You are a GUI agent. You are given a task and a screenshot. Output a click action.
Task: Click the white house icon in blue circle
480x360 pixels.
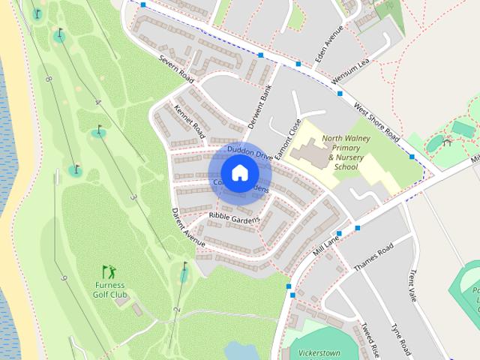tap(239, 172)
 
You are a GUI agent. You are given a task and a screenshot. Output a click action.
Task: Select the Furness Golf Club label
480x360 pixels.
tap(109, 289)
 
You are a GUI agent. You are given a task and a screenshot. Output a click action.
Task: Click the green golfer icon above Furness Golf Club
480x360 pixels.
tap(109, 271)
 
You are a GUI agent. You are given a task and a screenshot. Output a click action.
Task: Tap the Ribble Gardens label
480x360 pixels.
tap(234, 218)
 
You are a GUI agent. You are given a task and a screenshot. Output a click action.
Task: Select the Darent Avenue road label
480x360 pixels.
tap(187, 227)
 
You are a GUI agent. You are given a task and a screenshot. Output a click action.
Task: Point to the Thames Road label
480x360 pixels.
tap(373, 256)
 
